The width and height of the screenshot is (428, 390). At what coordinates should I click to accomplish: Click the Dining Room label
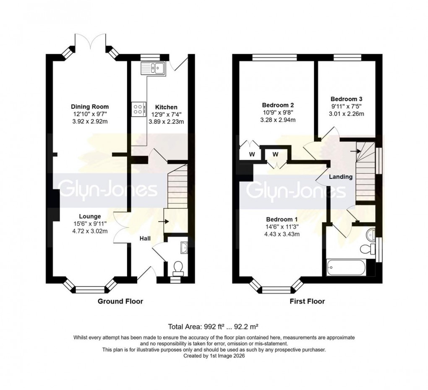tap(87, 107)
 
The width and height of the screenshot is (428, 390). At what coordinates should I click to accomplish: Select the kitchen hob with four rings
tap(138, 109)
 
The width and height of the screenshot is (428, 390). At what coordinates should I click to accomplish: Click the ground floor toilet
tap(178, 267)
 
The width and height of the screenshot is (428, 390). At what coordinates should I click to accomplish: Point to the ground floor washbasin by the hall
tap(183, 249)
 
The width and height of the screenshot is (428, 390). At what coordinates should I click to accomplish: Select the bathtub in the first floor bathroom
tap(345, 267)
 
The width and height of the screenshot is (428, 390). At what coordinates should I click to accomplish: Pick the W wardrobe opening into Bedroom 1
tap(275, 154)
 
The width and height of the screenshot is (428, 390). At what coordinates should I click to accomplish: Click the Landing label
tap(340, 177)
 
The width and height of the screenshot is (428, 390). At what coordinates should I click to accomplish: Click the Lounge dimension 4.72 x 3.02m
tap(86, 230)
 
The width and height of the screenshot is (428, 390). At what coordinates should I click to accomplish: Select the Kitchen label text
tap(166, 107)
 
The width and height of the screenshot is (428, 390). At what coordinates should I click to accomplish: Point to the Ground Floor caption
tap(120, 301)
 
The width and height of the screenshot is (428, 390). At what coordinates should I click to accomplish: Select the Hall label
tap(145, 238)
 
